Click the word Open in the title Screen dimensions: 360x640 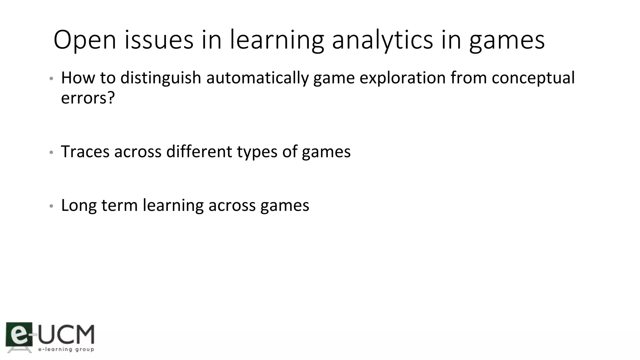pos(85,40)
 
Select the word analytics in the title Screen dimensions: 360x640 pos(382,40)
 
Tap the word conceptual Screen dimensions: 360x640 pos(533,78)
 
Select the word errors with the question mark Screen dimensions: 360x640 pos(88,98)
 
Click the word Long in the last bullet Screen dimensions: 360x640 pos(79,206)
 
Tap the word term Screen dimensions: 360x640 pos(119,206)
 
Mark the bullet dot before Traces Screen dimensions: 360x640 pos(52,152)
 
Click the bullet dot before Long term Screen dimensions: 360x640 pos(52,206)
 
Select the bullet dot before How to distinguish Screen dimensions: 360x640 pos(52,78)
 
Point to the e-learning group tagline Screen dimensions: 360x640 pos(66,349)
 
